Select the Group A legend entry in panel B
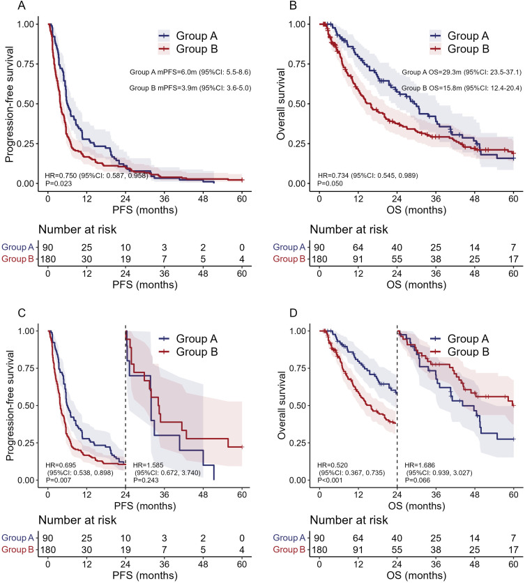point(459,33)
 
